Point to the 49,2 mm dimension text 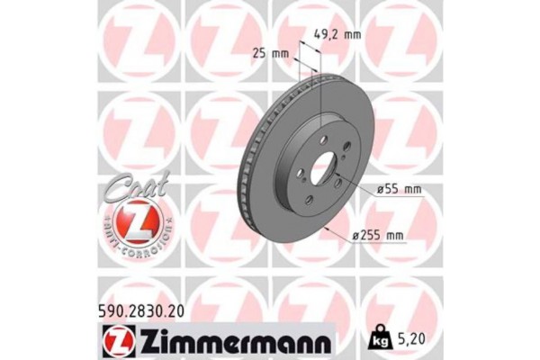click(x=337, y=35)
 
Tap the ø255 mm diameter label click(x=376, y=236)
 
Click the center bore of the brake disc click(x=321, y=167)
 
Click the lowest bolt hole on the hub click(x=309, y=201)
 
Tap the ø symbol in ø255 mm click(x=357, y=236)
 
